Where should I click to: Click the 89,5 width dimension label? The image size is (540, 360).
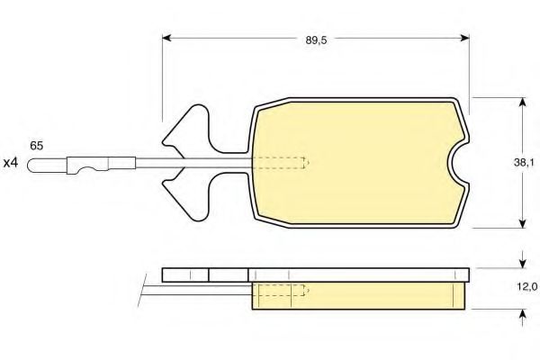(x=316, y=40)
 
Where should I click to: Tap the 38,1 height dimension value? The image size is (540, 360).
(x=524, y=163)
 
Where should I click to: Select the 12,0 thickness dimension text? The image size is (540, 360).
(x=527, y=286)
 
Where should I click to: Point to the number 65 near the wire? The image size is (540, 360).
(x=37, y=146)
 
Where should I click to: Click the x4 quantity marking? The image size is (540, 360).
(x=10, y=163)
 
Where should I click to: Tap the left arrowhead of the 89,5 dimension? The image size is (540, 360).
(x=166, y=38)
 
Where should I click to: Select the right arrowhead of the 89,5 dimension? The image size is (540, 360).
(x=465, y=38)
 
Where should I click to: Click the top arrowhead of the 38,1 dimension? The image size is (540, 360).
(x=523, y=103)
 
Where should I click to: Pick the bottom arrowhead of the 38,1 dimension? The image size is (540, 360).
(x=523, y=223)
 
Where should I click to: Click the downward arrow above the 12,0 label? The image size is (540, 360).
(x=523, y=260)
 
